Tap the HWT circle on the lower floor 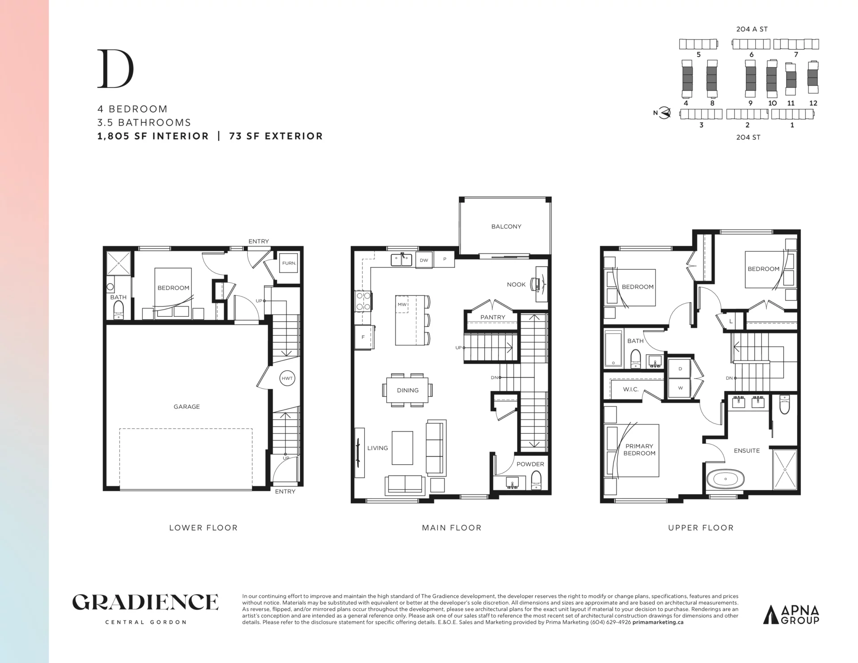click(287, 378)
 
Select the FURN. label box click(289, 263)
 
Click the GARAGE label click(187, 407)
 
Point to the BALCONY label click(506, 227)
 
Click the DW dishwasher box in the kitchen click(424, 260)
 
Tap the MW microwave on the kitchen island click(402, 305)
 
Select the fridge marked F click(364, 337)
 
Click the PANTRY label click(493, 317)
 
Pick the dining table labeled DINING click(408, 390)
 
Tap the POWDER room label click(530, 464)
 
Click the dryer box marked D click(680, 369)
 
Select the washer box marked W click(680, 388)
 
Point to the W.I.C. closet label click(631, 390)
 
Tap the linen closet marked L click(731, 321)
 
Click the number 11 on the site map click(791, 103)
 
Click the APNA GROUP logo click(791, 614)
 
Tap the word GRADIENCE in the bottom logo click(145, 602)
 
